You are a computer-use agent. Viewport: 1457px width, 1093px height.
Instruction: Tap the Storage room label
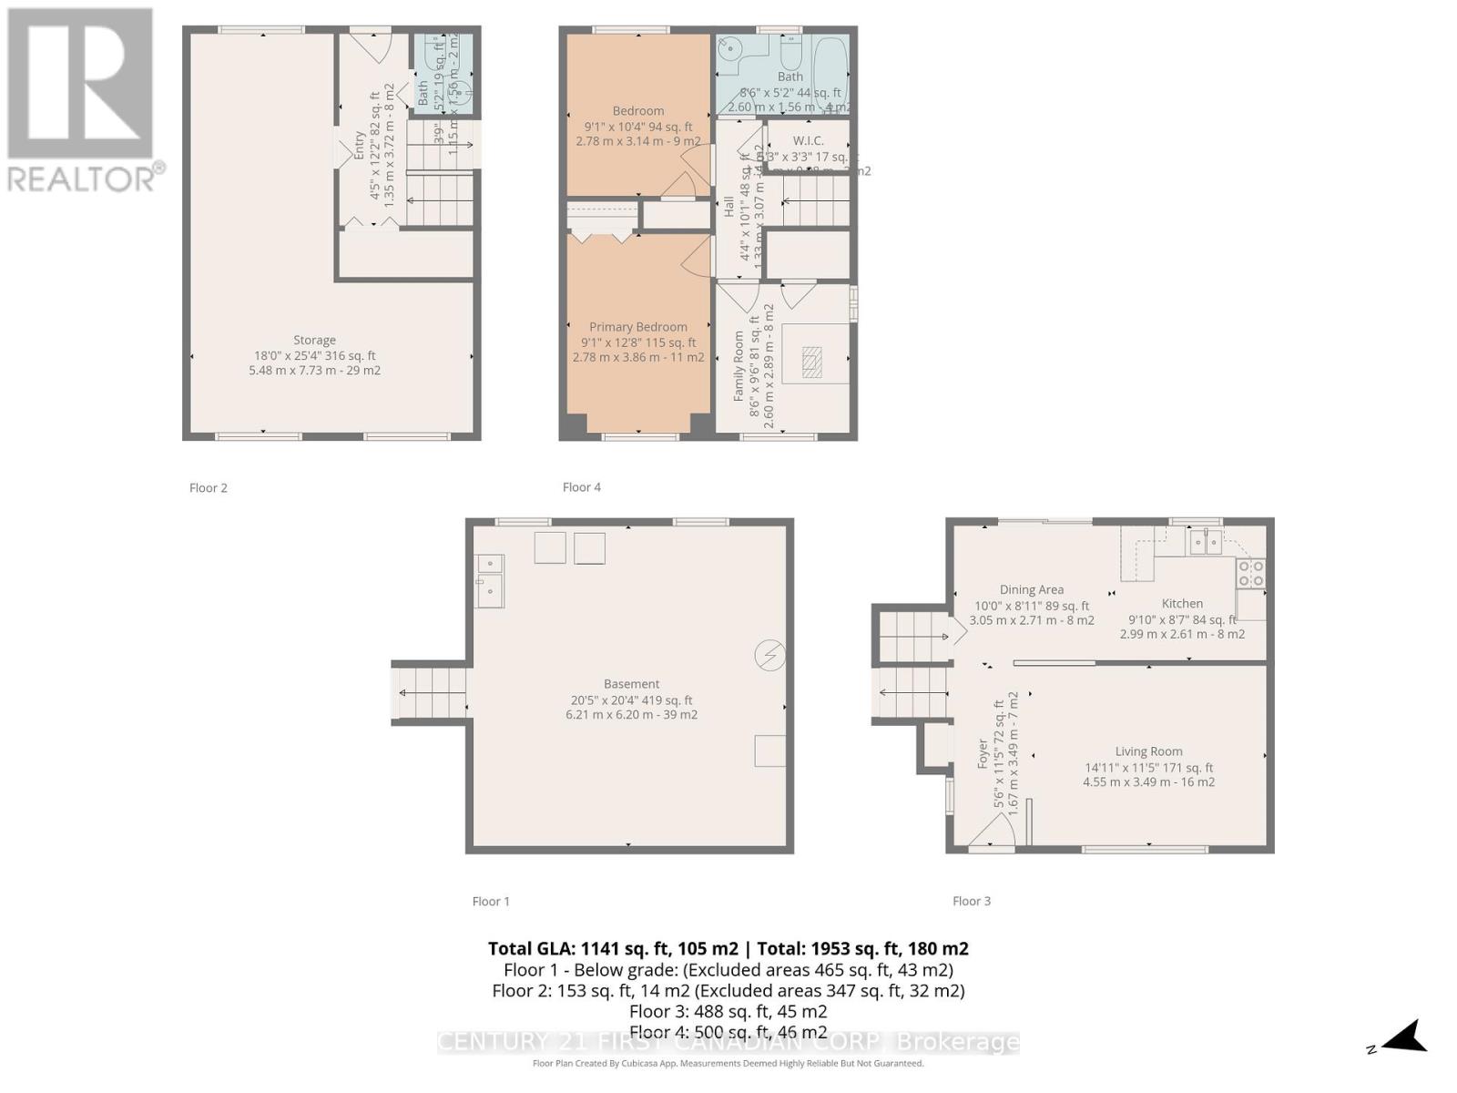(x=314, y=341)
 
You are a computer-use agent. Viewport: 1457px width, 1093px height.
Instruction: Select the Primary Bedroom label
(x=637, y=327)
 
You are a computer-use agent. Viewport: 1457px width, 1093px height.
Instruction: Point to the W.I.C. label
(x=808, y=140)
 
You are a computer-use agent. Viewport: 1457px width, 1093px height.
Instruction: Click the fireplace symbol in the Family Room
(x=810, y=363)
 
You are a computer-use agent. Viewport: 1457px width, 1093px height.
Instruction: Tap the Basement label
(x=631, y=684)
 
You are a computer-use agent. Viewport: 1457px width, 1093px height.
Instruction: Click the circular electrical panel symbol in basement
(x=769, y=655)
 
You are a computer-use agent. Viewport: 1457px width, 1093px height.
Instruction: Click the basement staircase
(x=431, y=692)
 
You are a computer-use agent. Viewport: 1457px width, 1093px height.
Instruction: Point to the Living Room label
(x=1148, y=751)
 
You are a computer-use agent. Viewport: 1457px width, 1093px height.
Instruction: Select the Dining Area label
(x=1031, y=589)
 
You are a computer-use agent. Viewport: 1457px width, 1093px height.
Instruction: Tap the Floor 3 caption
(x=971, y=901)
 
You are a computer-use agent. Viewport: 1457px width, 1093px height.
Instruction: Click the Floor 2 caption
(x=209, y=487)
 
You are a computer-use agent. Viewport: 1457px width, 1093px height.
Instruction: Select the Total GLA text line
(x=728, y=948)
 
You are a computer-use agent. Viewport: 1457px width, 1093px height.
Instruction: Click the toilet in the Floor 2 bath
(x=462, y=89)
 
